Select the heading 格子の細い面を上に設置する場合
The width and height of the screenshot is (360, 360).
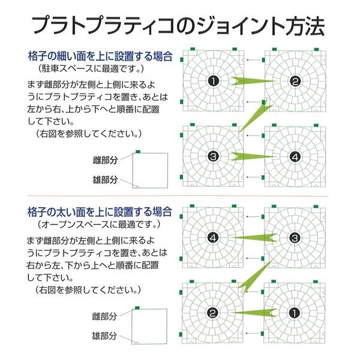click(x=100, y=57)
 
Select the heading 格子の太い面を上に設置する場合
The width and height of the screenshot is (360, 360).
click(x=100, y=212)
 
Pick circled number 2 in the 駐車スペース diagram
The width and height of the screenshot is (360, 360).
click(x=294, y=82)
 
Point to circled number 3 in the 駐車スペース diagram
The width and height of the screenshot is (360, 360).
click(x=212, y=157)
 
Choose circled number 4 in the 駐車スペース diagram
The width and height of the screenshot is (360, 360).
click(x=294, y=157)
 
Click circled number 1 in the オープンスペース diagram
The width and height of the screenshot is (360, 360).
click(x=294, y=313)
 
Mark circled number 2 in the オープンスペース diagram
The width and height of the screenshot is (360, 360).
click(x=212, y=313)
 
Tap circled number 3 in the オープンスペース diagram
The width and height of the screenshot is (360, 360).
click(x=294, y=238)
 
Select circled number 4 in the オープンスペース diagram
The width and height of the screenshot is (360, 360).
click(x=212, y=238)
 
